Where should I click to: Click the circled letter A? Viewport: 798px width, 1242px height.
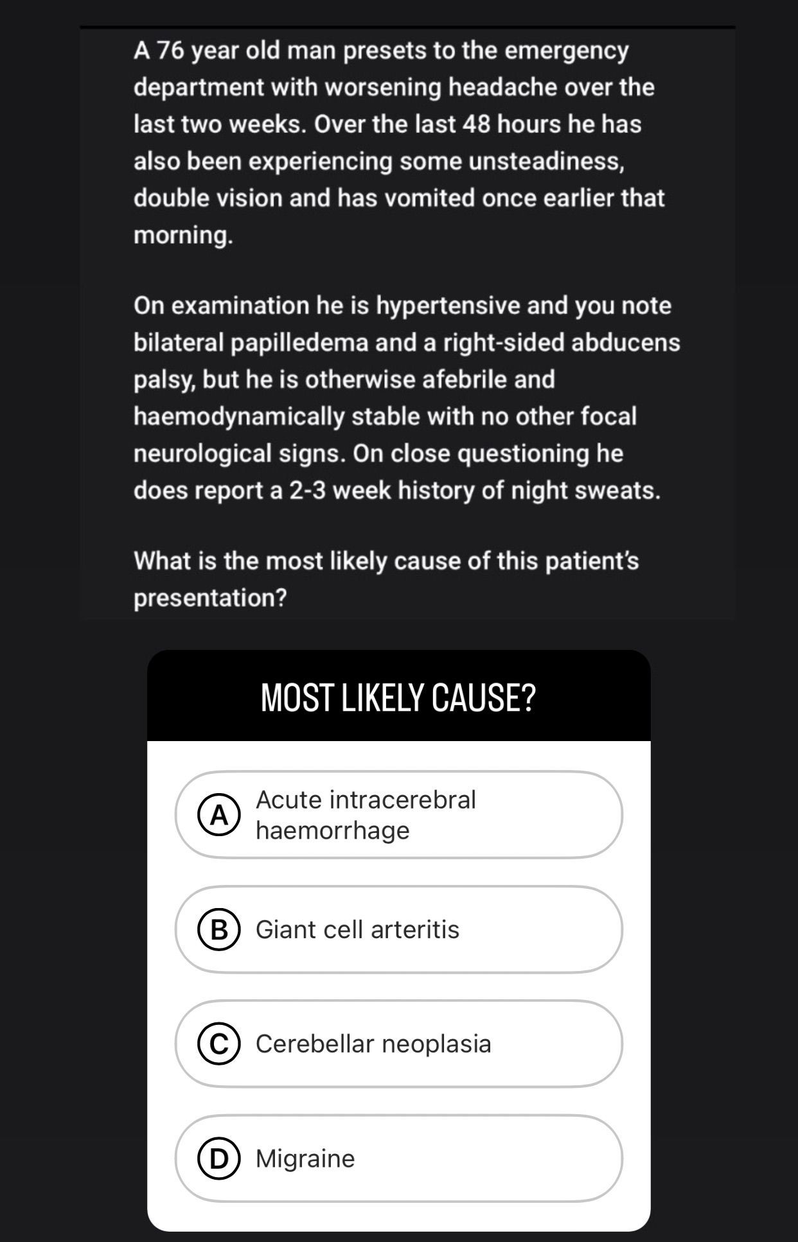click(x=219, y=815)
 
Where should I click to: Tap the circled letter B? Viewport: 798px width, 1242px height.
click(x=219, y=929)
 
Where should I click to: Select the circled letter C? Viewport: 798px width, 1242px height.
click(x=219, y=1044)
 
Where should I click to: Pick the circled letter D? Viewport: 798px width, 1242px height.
click(x=219, y=1159)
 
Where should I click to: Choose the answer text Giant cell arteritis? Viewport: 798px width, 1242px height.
click(x=357, y=929)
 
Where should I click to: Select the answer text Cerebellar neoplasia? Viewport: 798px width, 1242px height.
click(x=373, y=1044)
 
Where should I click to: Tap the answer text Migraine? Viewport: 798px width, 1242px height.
click(x=305, y=1159)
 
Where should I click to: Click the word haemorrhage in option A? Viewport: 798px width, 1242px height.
click(x=332, y=830)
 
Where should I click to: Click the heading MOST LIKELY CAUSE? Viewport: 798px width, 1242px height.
click(x=398, y=697)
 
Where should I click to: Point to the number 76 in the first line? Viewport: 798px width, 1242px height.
click(x=170, y=50)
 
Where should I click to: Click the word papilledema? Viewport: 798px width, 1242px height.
click(x=299, y=342)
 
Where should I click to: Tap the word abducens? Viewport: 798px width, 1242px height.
click(x=625, y=342)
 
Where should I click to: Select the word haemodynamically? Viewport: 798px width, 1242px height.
click(x=239, y=416)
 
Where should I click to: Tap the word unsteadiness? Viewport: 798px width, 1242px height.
click(x=545, y=161)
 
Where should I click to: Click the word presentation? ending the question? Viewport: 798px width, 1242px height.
click(x=210, y=598)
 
